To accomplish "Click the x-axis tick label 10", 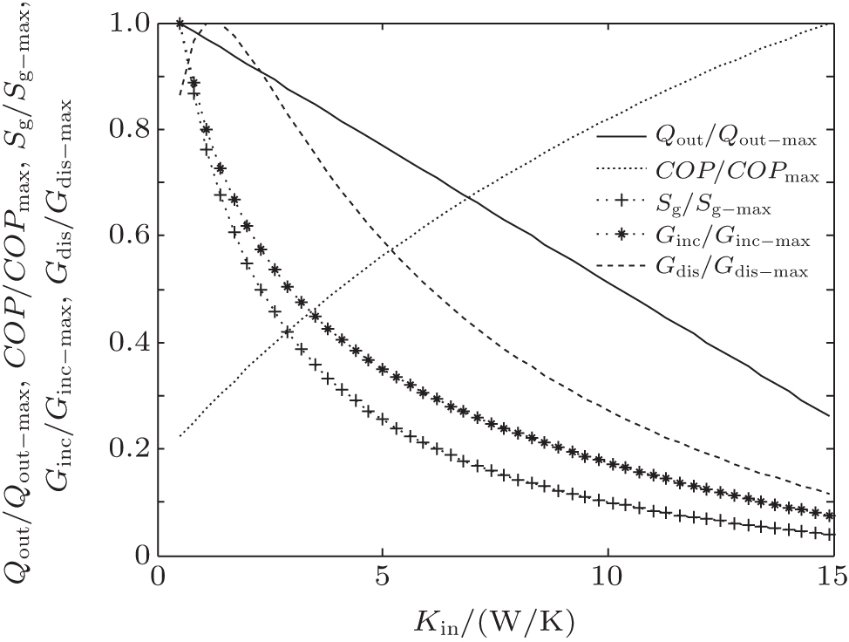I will pyautogui.click(x=608, y=579).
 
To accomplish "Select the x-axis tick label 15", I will pyautogui.click(x=832, y=579).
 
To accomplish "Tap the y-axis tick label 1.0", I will pyautogui.click(x=127, y=24).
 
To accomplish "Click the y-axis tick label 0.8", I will pyautogui.click(x=127, y=130).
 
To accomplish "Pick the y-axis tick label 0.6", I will pyautogui.click(x=127, y=236).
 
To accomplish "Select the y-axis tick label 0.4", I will pyautogui.click(x=127, y=343).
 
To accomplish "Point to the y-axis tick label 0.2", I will pyautogui.click(x=127, y=449).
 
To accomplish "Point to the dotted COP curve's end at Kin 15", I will pyautogui.click(x=832, y=24).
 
